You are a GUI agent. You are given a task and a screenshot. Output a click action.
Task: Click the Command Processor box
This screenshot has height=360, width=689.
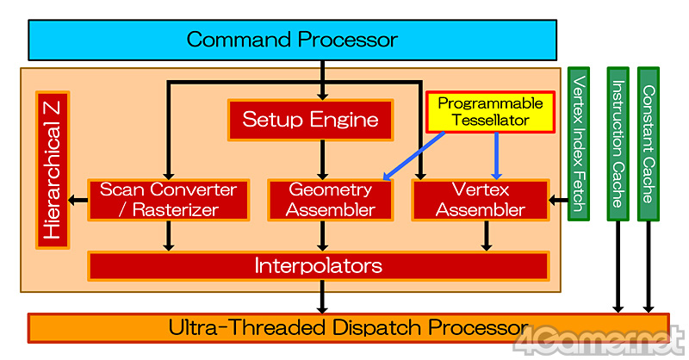292,40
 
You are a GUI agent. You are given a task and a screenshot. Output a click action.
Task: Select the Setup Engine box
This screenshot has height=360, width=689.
310,120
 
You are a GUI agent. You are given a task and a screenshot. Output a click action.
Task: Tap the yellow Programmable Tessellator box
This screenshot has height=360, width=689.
490,112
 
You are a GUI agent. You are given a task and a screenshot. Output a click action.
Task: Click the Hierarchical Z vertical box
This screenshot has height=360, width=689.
53,169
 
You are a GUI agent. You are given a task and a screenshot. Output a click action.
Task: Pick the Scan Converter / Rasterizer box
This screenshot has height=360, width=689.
168,199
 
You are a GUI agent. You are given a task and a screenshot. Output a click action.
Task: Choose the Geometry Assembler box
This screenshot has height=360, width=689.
330,199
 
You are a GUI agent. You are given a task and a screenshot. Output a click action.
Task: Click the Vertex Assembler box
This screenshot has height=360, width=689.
481,199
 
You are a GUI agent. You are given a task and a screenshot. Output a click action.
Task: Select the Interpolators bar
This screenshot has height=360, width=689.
318,265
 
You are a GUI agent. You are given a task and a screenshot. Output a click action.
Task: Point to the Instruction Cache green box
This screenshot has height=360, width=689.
618,143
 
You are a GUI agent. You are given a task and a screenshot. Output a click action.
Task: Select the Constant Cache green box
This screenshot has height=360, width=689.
649,143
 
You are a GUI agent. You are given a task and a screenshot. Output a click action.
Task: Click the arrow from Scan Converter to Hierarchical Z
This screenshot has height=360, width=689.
78,201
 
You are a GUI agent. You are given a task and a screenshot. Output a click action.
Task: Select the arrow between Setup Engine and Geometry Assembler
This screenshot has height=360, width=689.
323,160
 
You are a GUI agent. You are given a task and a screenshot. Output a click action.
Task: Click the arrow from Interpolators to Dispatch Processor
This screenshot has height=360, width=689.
323,297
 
